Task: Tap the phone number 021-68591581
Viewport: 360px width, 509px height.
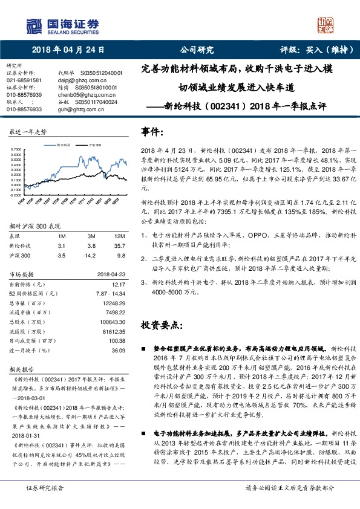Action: (24, 79)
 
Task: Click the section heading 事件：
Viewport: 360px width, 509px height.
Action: (152, 131)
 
